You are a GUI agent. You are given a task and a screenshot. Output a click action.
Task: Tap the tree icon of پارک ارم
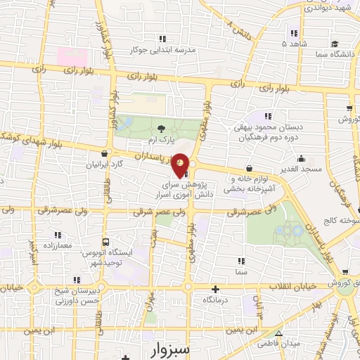[162, 128]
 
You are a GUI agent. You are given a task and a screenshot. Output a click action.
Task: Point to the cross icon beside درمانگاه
[215, 289]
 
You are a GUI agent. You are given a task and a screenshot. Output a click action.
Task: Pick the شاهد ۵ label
[293, 44]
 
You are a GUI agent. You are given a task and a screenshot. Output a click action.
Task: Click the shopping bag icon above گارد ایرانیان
[105, 153]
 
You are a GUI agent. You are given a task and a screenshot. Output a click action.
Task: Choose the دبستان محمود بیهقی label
[267, 129]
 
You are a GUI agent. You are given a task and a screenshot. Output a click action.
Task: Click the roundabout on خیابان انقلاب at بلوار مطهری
[188, 287]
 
